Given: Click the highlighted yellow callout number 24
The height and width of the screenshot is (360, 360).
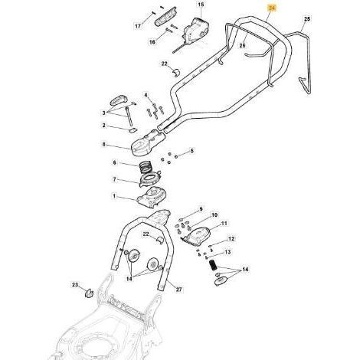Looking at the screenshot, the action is click(x=272, y=8).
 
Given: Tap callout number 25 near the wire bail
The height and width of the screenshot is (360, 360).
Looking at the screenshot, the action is click(x=307, y=19).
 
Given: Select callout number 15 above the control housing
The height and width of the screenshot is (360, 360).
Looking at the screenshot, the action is click(x=201, y=5).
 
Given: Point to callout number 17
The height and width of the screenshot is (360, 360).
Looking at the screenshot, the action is click(x=138, y=26).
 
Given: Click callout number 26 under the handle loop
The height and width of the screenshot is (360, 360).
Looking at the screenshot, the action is click(x=242, y=45).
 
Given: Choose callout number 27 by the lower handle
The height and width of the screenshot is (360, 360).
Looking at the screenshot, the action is click(x=179, y=290).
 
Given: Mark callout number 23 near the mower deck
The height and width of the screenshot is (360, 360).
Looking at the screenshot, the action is click(x=75, y=285).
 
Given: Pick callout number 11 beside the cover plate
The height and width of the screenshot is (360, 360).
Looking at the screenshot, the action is click(x=224, y=224).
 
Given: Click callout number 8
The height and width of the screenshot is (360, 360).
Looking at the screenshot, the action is click(x=103, y=145).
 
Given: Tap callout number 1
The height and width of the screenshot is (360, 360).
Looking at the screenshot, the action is click(x=114, y=196).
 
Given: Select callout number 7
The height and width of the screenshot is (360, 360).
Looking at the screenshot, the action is click(x=114, y=180).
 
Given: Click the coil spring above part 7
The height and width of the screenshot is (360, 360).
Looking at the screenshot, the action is click(x=146, y=167).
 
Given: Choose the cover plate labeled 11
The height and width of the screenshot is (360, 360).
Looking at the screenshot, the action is click(x=197, y=237).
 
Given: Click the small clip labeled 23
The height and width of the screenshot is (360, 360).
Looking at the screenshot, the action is click(x=90, y=293).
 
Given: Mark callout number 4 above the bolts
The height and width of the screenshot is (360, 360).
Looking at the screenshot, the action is click(x=146, y=96).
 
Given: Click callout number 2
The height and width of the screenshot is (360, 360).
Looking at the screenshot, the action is click(x=104, y=126).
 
